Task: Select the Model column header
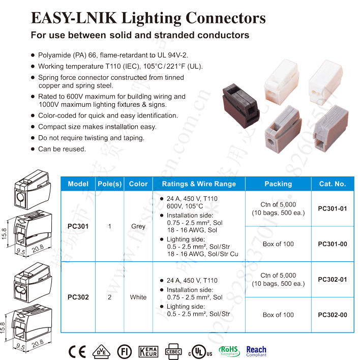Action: coord(78,184)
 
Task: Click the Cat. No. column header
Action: coord(332,184)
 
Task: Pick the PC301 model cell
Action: coord(78,226)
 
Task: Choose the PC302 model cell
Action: coord(78,297)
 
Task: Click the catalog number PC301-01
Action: coord(333,208)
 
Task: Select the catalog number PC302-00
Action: coord(333,315)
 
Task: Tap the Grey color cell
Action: coord(138,226)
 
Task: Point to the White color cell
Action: coord(138,297)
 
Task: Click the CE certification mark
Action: coord(77,351)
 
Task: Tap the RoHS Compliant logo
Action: coord(229,351)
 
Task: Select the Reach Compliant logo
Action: coord(256,351)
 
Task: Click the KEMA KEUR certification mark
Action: coord(151,351)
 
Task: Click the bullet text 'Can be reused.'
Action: coord(62,149)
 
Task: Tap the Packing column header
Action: coord(278,184)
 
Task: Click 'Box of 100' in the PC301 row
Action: coord(278,244)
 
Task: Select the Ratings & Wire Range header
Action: coord(199,184)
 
